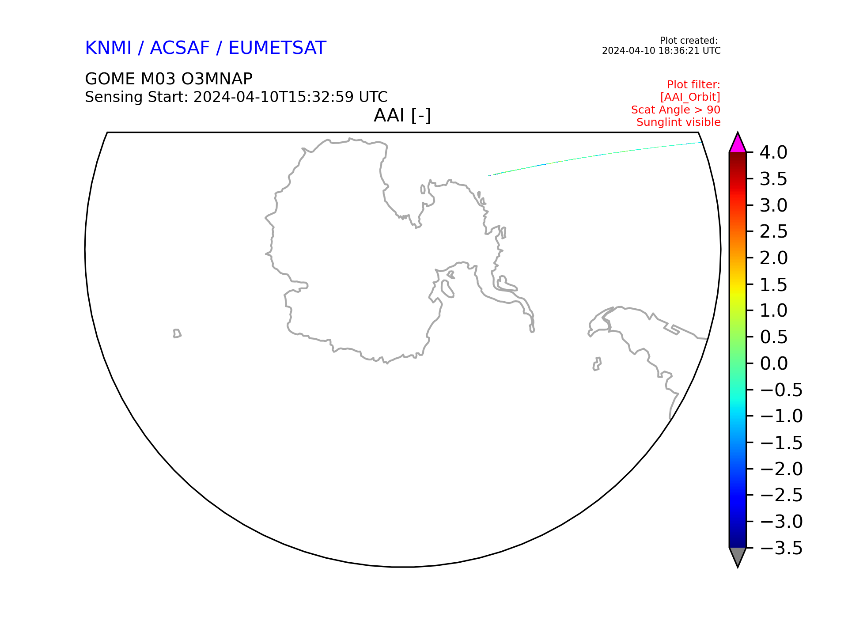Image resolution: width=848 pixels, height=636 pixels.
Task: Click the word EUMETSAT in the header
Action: (277, 48)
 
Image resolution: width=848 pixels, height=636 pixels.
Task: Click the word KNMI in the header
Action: (108, 48)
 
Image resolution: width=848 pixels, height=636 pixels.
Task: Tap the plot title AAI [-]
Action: (402, 116)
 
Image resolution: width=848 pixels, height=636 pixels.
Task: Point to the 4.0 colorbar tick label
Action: (773, 152)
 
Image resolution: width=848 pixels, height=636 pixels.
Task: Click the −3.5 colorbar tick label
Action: (781, 548)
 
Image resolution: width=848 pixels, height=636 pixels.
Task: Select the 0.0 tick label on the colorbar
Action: (774, 363)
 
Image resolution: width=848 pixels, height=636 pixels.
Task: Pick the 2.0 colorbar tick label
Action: (774, 258)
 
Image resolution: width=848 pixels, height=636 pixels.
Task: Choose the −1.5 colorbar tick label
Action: (781, 443)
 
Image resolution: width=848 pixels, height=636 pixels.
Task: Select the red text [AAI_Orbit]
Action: (690, 97)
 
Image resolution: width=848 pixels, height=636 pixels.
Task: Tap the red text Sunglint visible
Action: (678, 122)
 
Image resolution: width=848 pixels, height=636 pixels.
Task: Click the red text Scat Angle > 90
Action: (676, 110)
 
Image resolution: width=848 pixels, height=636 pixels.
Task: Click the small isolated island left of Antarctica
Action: (177, 333)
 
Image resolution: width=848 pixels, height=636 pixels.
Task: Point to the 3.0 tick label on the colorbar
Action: (773, 205)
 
